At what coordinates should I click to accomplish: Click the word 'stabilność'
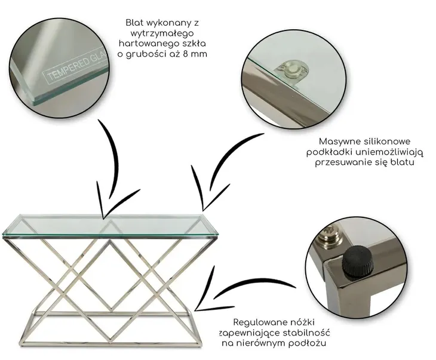(306, 333)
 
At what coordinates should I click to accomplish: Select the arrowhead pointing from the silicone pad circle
(203, 209)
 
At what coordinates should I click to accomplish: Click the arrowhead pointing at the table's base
(196, 309)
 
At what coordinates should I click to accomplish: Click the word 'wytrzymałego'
(162, 33)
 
